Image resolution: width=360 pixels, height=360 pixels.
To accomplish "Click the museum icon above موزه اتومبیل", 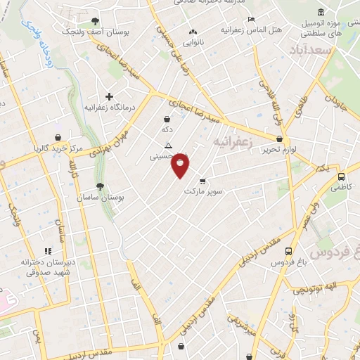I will (x=321, y=13).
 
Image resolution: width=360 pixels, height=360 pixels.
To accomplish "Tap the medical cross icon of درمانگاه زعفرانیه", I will (x=109, y=96).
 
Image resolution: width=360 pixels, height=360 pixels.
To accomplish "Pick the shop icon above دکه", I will (x=167, y=119).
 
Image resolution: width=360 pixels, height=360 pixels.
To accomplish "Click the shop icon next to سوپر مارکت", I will (x=203, y=181).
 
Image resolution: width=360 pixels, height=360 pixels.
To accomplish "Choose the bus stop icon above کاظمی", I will (x=341, y=178).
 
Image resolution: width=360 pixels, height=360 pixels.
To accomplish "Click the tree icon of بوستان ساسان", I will (x=100, y=187).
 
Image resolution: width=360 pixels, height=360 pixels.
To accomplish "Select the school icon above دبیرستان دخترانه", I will (x=48, y=251).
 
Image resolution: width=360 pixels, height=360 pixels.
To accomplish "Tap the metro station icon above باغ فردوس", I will (x=288, y=251).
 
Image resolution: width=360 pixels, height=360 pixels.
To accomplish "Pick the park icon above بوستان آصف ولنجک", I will (x=95, y=20).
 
